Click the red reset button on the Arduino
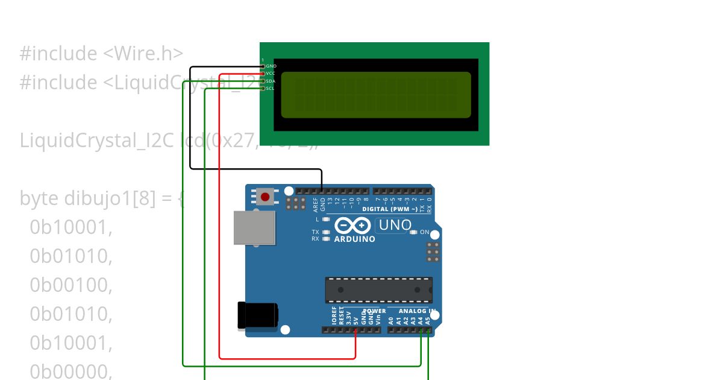(x=265, y=197)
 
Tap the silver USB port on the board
(x=254, y=228)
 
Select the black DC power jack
(x=258, y=315)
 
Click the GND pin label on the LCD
(x=271, y=66)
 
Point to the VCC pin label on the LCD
(x=271, y=73)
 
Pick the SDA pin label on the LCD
(x=271, y=81)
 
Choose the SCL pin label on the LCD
(x=271, y=88)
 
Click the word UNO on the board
(x=395, y=226)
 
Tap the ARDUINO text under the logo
(x=354, y=239)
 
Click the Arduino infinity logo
(x=352, y=226)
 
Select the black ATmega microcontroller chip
(x=378, y=290)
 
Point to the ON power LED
(x=413, y=232)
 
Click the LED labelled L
(x=327, y=219)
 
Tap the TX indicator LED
(x=327, y=232)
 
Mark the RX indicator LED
(x=327, y=239)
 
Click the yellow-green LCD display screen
(x=376, y=95)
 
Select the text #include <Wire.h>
(x=101, y=54)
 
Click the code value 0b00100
(x=71, y=285)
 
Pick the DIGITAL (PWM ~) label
(x=390, y=209)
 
